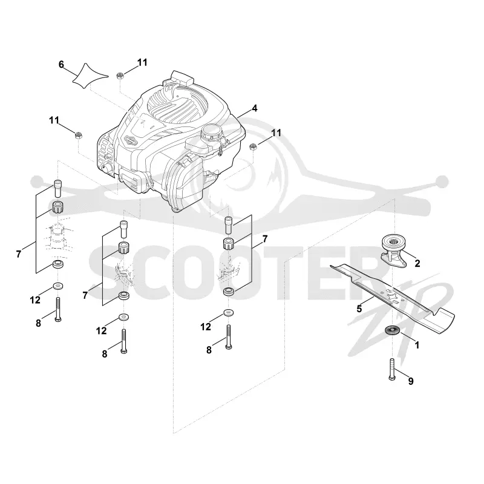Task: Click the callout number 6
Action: point(61,65)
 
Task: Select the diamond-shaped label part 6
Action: point(90,77)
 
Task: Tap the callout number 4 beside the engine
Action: point(254,108)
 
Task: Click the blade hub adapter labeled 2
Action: point(393,250)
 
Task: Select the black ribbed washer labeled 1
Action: point(392,330)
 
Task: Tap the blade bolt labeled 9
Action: point(392,369)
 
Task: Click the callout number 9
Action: point(411,381)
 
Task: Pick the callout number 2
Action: point(417,263)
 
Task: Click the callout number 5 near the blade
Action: point(359,309)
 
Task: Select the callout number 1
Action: point(417,345)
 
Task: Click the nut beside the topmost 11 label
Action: point(120,75)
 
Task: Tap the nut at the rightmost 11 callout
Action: point(253,147)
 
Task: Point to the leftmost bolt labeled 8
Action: point(57,310)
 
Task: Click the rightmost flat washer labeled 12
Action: point(229,312)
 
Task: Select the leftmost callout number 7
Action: point(19,254)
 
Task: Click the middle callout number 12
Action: point(101,330)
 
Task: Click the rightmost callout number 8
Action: point(209,350)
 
